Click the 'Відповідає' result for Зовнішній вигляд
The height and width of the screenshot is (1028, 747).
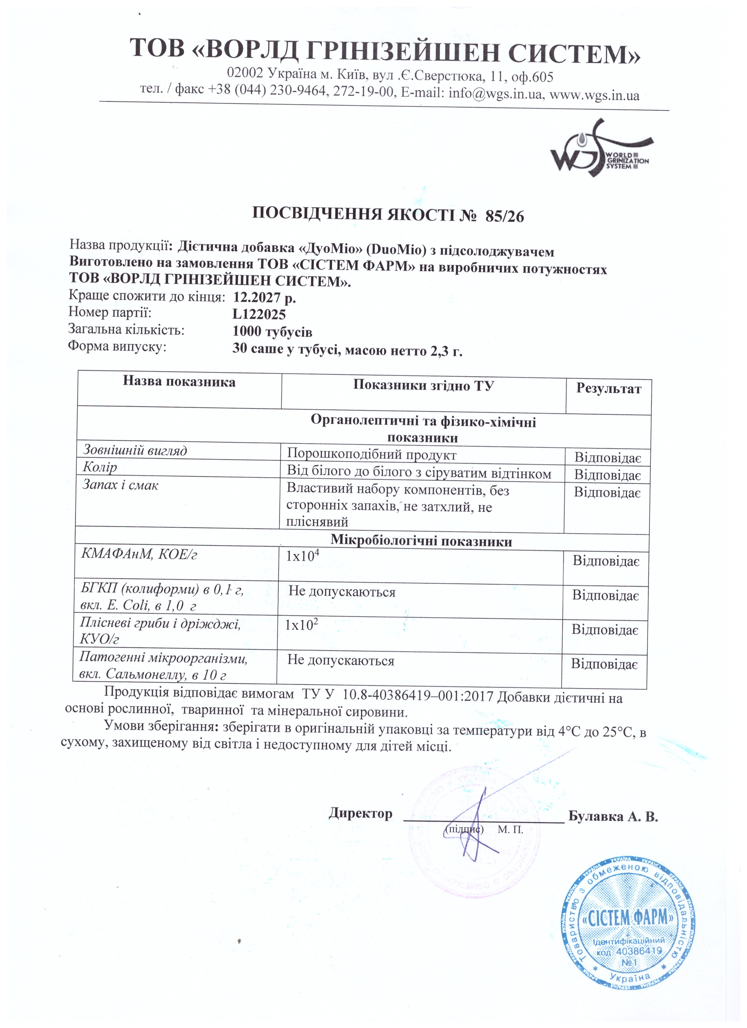click(x=607, y=457)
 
